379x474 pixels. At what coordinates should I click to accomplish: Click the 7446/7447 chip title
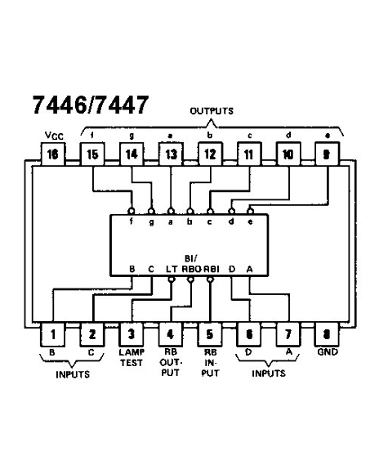91,105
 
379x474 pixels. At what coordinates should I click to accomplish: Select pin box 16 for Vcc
53,154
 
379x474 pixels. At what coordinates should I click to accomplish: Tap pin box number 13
171,154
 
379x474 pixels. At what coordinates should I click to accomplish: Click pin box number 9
327,154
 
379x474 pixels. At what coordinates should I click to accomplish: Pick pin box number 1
52,334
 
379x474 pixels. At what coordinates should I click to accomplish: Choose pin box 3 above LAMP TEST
132,334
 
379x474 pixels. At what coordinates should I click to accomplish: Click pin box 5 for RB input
209,334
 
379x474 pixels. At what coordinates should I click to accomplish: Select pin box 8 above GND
327,334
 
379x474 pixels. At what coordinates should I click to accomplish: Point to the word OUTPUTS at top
212,111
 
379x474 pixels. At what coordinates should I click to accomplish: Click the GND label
328,352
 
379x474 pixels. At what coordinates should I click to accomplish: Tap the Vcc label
54,136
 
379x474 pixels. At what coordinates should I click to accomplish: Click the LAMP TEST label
132,357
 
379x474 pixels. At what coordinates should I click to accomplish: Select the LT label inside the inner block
172,269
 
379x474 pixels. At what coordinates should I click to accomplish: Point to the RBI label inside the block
211,269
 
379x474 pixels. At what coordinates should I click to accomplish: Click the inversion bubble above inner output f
132,211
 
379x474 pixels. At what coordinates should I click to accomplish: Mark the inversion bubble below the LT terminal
172,279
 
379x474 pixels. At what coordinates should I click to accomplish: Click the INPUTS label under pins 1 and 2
73,374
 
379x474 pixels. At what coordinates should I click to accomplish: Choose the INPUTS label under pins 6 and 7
269,373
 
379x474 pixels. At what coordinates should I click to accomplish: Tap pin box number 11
249,154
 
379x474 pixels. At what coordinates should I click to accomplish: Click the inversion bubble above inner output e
250,211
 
